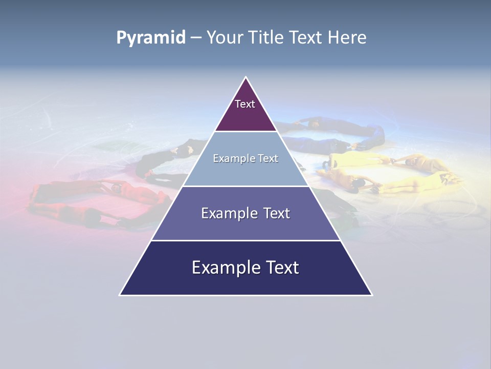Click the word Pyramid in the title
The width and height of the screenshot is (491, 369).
(151, 38)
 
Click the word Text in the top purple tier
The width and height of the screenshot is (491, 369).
(245, 104)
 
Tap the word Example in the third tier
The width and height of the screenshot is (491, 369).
(229, 213)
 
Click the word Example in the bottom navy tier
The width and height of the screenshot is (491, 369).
(224, 268)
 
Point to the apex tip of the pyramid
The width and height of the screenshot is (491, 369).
(246, 78)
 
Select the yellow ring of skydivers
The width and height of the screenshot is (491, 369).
(389, 169)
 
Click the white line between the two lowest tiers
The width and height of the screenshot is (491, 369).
(245, 240)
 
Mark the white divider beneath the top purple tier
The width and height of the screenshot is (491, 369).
(246, 132)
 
